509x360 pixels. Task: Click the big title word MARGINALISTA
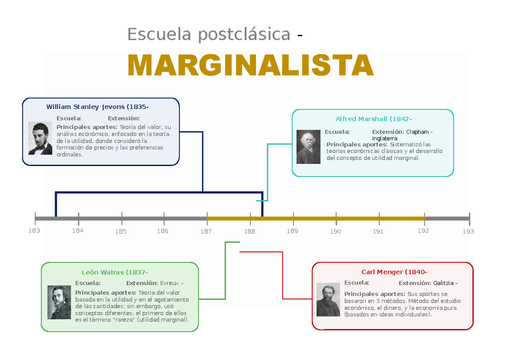tap(250, 65)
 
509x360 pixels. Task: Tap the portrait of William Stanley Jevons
tap(40, 138)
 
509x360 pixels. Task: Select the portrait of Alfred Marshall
tap(308, 146)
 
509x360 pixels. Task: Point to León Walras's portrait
tap(59, 302)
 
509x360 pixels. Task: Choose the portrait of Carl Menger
tap(328, 299)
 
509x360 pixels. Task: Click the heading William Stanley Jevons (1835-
tap(98, 107)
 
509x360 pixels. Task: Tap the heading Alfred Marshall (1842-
tap(373, 119)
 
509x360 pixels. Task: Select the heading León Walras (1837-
tap(115, 272)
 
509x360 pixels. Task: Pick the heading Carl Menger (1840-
tap(394, 272)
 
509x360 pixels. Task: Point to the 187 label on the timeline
tap(206, 232)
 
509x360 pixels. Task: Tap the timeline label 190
tap(336, 232)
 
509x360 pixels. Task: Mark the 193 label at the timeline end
tap(468, 232)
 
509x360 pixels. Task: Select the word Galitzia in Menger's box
tap(443, 283)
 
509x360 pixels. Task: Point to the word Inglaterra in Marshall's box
tap(385, 138)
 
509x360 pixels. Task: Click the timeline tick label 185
tap(121, 232)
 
